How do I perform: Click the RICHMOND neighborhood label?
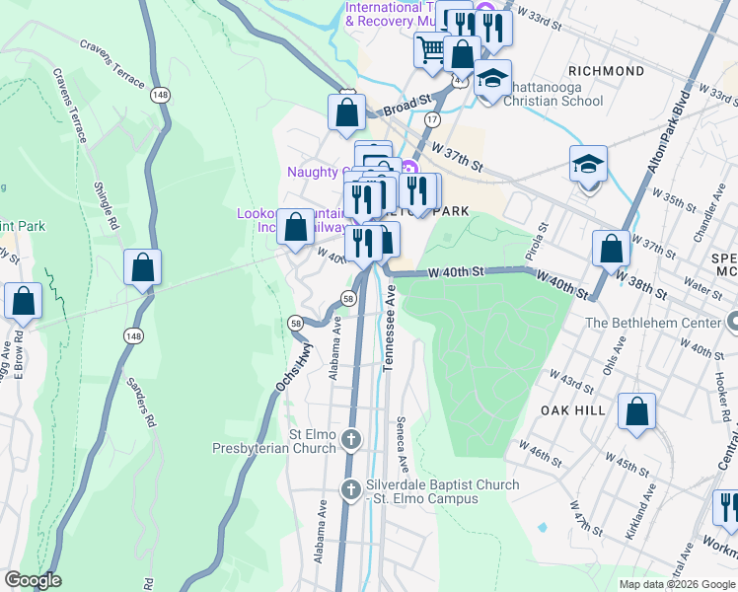point(607,71)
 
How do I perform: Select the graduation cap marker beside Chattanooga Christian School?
point(492,78)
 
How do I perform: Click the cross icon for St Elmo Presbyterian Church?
point(351,437)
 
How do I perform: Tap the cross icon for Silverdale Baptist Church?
point(351,489)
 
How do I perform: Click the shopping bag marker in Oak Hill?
point(636,410)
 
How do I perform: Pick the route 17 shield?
point(432,118)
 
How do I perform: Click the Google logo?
point(33,580)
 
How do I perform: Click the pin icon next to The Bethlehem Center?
point(730,322)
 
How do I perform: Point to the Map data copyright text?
point(676,584)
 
